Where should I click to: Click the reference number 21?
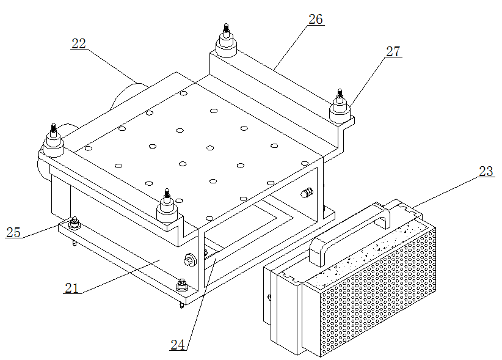click(71, 288)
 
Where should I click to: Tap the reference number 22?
click(79, 43)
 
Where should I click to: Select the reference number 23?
click(486, 171)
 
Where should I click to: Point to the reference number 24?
click(178, 345)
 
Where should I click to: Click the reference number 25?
click(13, 232)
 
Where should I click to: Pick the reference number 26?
click(316, 19)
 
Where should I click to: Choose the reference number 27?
click(393, 51)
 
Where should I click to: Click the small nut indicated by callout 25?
click(75, 223)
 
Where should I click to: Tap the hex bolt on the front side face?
click(190, 259)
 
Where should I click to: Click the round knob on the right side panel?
click(307, 193)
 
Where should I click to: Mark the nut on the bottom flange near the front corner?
click(182, 285)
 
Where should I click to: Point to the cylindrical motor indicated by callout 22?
click(126, 95)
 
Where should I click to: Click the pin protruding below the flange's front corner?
click(182, 305)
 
